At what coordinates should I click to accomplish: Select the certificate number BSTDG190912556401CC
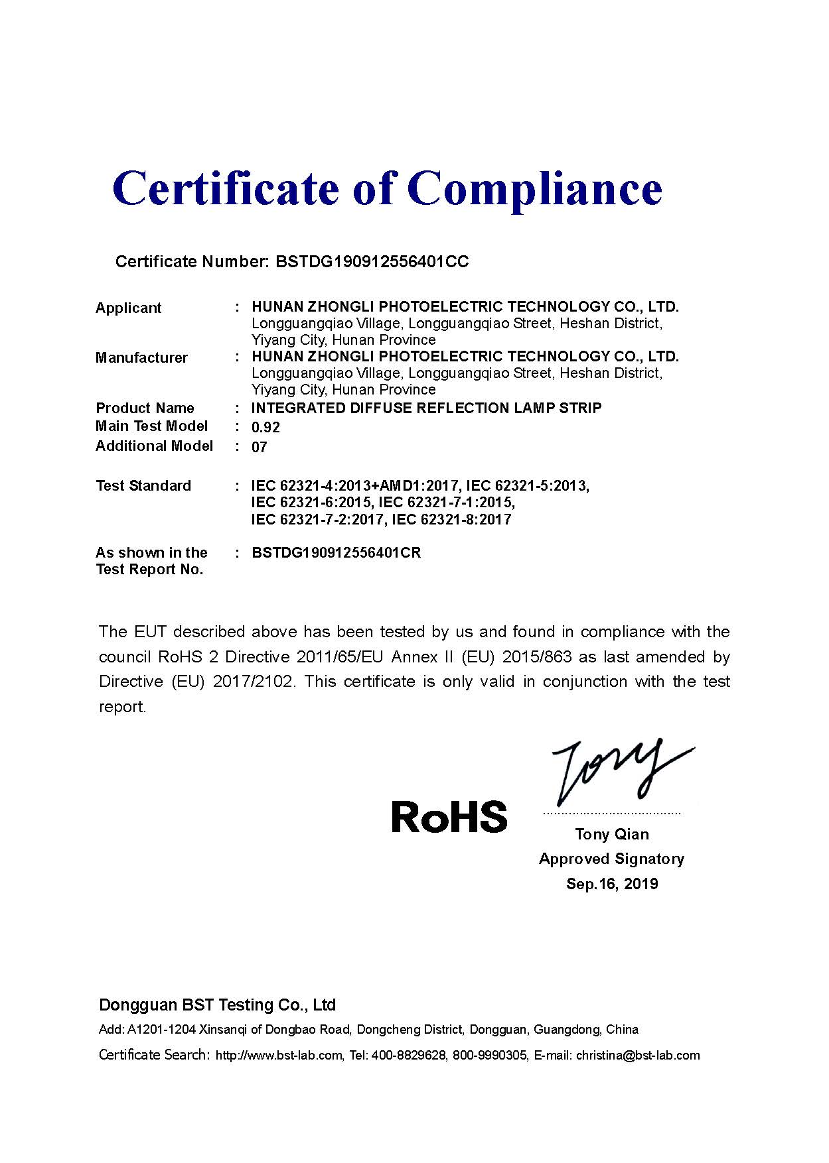(x=372, y=262)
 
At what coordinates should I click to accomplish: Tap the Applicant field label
(x=128, y=308)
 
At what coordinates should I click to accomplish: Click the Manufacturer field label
(x=141, y=358)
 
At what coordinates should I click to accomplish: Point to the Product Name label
(x=145, y=408)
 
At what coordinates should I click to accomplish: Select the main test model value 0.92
(x=265, y=428)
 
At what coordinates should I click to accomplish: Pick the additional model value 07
(x=259, y=448)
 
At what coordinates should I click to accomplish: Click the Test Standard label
(x=143, y=486)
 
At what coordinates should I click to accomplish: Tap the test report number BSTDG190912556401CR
(x=336, y=553)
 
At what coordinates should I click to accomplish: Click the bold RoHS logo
(x=449, y=817)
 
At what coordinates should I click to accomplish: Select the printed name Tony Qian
(x=611, y=834)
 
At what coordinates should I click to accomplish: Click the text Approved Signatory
(x=611, y=859)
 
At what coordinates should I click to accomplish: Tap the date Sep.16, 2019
(x=611, y=884)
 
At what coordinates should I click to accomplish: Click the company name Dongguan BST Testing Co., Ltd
(x=217, y=1005)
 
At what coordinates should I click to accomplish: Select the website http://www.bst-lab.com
(x=279, y=1056)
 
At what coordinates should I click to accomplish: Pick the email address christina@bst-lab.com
(x=637, y=1056)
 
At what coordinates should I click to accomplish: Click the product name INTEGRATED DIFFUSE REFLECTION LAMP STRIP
(x=426, y=408)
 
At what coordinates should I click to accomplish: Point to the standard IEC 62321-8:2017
(x=451, y=520)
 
